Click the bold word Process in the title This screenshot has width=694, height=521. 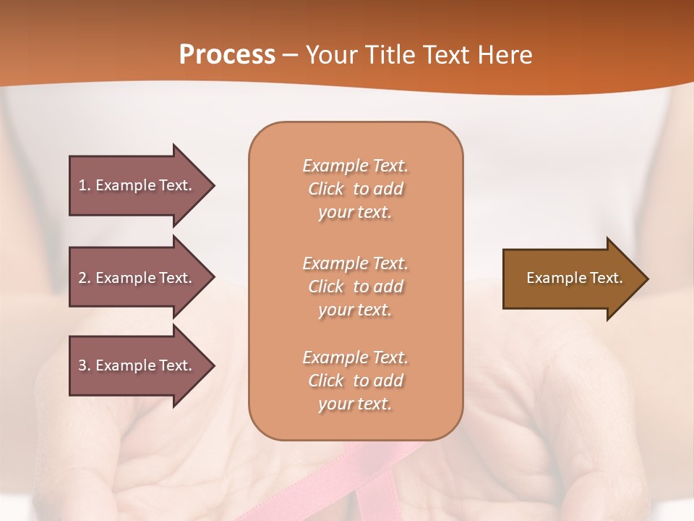pos(227,55)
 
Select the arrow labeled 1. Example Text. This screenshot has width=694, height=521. pos(137,185)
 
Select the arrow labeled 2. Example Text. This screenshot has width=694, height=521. pos(137,278)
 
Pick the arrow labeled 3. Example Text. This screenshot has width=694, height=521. pos(137,365)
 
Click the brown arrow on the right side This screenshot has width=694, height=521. pos(571,279)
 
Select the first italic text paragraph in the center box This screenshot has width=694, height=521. pos(355,189)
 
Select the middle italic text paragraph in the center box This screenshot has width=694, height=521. pos(355,287)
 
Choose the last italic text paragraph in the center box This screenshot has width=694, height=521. pos(355,381)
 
